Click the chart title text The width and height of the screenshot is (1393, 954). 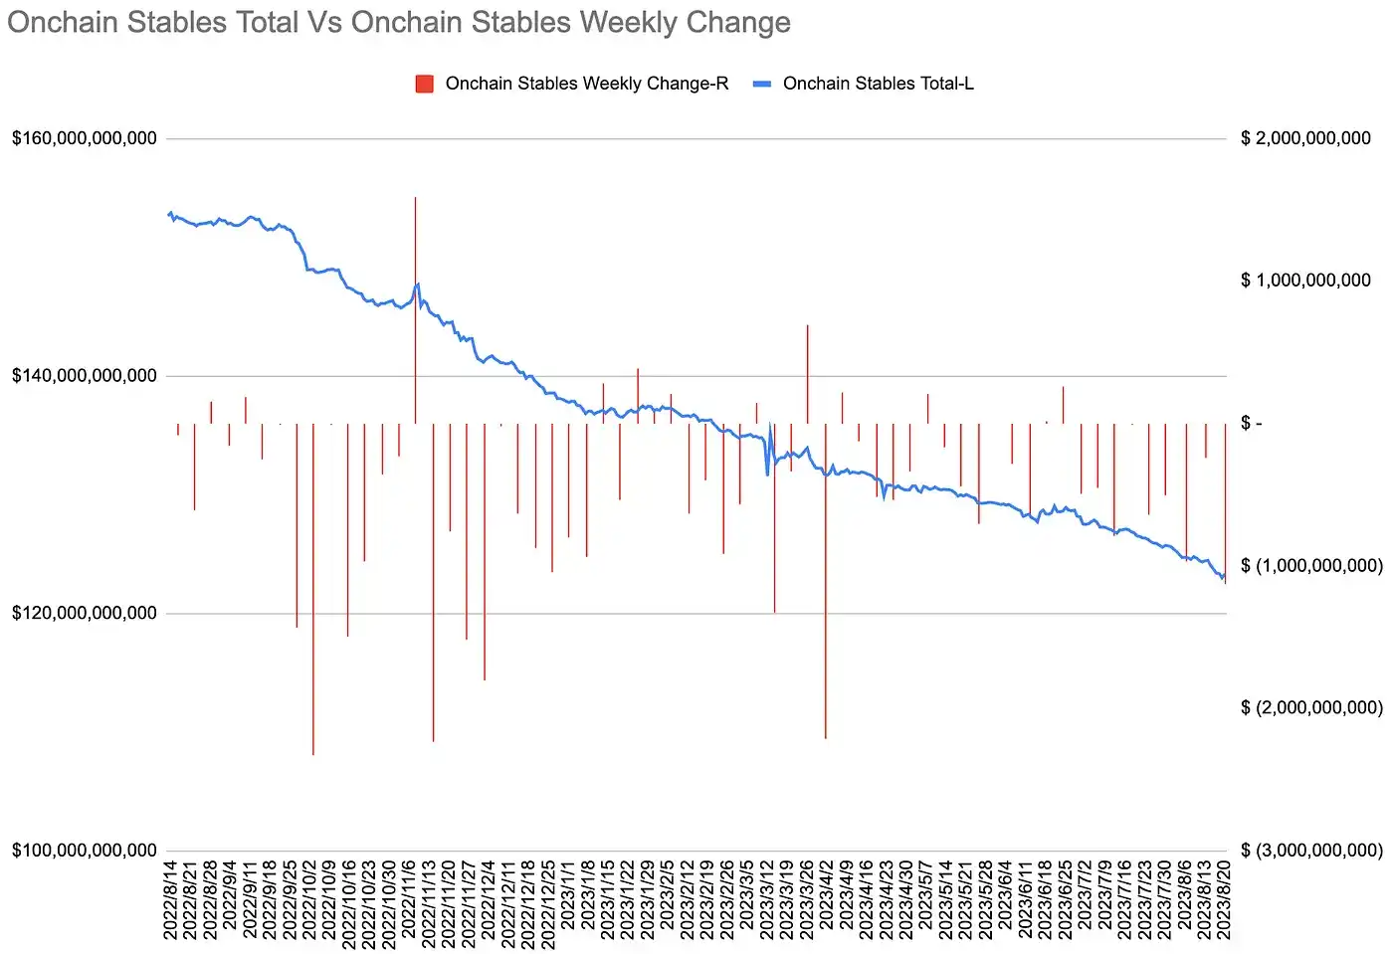(398, 23)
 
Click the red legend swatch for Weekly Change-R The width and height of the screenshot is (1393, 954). (425, 84)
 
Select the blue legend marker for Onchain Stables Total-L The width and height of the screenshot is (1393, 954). (762, 84)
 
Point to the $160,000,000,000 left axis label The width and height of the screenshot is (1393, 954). (85, 138)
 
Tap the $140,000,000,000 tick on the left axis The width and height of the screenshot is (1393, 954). (85, 376)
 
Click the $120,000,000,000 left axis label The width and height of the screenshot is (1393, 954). (85, 613)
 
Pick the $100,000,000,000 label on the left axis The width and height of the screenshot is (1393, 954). (85, 851)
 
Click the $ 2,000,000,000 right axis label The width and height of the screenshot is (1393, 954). (1305, 138)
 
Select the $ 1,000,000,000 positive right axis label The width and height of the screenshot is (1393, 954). (1305, 281)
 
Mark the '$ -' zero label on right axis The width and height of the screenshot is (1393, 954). (1252, 424)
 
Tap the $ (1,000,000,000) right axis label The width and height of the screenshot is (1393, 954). (1311, 566)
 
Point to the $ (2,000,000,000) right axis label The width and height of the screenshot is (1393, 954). (1311, 708)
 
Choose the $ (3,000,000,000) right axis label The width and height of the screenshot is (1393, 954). (1311, 851)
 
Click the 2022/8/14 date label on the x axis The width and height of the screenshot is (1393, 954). (170, 899)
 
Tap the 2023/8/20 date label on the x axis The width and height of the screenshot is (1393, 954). (1224, 899)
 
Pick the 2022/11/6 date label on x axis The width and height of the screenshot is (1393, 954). (409, 899)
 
